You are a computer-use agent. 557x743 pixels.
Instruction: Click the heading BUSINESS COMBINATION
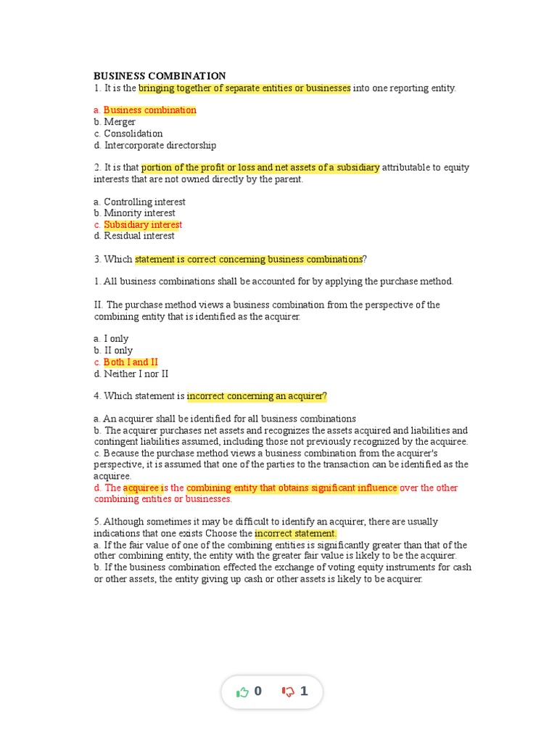click(x=160, y=76)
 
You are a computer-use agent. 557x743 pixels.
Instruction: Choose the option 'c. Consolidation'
click(x=128, y=134)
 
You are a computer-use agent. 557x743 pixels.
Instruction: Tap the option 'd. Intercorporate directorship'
click(x=154, y=145)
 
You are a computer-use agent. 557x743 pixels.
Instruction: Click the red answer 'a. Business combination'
click(x=145, y=110)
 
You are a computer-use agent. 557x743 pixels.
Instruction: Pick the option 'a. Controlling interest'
click(x=139, y=202)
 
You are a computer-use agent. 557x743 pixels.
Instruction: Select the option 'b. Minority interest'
click(x=134, y=213)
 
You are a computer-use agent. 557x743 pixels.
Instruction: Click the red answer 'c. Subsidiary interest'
click(x=138, y=225)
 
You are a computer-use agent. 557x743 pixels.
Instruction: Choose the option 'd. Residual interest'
click(x=134, y=236)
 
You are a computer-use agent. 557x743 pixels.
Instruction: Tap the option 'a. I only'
click(x=111, y=339)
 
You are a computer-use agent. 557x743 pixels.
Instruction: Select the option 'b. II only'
click(x=113, y=350)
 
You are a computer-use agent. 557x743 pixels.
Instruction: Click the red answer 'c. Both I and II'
click(x=125, y=362)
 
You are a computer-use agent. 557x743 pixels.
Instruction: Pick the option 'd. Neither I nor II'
click(x=131, y=374)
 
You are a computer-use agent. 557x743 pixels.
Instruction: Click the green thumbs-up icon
click(x=242, y=692)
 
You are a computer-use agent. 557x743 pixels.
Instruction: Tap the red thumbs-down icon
click(x=288, y=692)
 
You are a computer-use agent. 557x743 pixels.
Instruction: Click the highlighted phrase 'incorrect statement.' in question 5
click(x=295, y=534)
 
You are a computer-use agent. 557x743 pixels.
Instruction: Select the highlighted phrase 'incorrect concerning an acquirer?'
click(x=257, y=396)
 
